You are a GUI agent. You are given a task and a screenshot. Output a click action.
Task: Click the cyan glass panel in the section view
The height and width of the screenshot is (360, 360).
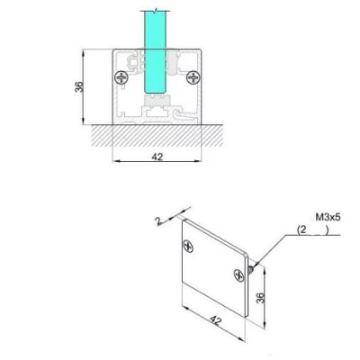click(x=155, y=49)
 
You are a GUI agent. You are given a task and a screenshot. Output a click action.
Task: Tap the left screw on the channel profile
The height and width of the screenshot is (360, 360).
click(x=121, y=77)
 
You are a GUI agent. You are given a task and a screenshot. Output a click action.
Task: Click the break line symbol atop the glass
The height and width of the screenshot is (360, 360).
click(x=155, y=10)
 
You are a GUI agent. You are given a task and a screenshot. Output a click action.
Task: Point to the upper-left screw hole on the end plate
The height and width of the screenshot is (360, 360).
click(x=188, y=243)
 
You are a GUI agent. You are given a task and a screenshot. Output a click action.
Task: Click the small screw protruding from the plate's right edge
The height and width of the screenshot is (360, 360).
click(x=256, y=264)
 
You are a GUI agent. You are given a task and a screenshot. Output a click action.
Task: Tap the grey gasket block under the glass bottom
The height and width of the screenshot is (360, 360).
click(x=157, y=104)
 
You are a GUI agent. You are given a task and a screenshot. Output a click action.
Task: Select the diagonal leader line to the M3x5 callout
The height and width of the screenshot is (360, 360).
click(x=274, y=248)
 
